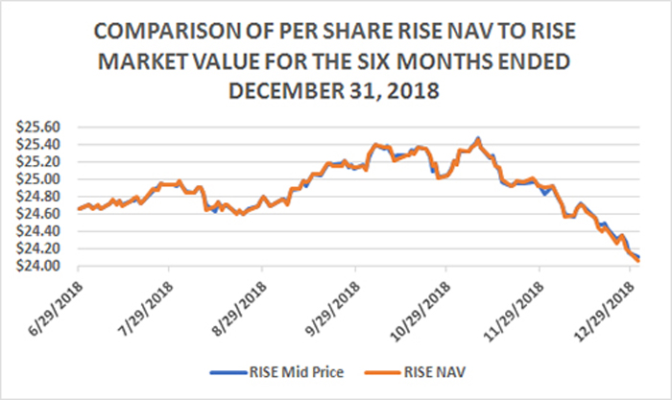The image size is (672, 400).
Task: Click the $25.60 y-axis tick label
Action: click(x=38, y=128)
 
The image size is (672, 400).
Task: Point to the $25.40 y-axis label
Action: click(x=38, y=145)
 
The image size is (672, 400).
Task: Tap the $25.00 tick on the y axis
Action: click(x=38, y=179)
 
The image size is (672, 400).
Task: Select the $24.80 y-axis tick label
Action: click(x=38, y=197)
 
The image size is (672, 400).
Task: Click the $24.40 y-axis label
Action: click(x=38, y=232)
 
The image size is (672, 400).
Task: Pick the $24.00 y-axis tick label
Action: click(x=38, y=267)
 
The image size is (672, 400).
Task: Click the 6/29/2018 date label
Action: click(x=56, y=308)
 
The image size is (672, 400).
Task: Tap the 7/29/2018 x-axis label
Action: click(x=147, y=308)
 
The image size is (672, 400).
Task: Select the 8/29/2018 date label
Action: click(x=240, y=308)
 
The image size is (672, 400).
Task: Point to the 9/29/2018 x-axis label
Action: click(x=332, y=308)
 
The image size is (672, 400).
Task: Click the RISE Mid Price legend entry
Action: click(x=276, y=372)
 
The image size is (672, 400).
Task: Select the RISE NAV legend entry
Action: click(x=415, y=372)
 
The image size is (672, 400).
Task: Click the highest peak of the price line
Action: click(x=478, y=138)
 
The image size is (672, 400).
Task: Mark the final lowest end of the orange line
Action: click(x=639, y=261)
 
